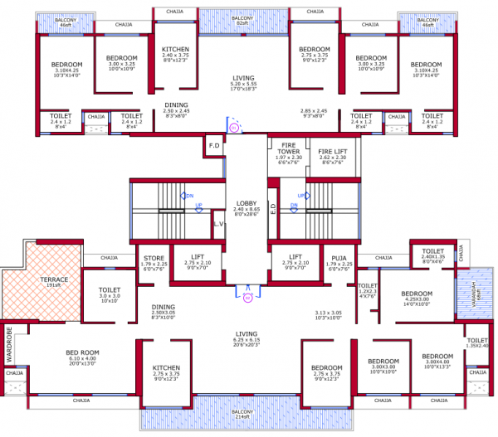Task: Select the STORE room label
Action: click(x=154, y=263)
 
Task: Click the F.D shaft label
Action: click(x=213, y=147)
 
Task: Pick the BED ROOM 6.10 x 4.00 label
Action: click(x=83, y=357)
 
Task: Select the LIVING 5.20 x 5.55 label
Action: click(x=244, y=83)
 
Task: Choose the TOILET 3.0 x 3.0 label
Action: click(x=110, y=294)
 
